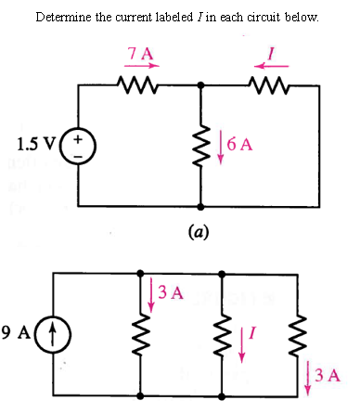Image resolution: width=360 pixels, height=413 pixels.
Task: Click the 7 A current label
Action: pos(142,52)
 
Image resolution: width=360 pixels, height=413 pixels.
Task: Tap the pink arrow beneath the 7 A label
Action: pos(143,66)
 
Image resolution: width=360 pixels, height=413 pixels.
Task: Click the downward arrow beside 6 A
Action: pos(219,147)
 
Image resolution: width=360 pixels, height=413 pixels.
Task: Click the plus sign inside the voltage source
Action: pos(77,138)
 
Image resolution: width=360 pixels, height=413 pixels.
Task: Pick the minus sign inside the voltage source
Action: pos(77,154)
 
